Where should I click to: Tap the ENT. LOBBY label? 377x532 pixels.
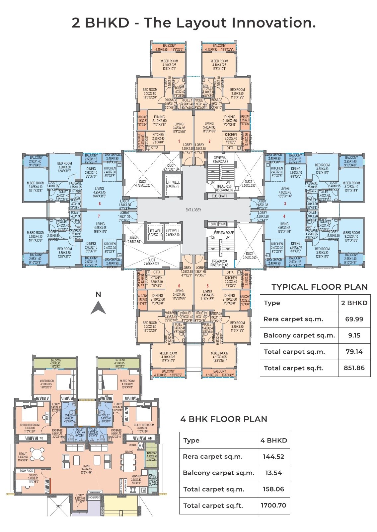pos(193,210)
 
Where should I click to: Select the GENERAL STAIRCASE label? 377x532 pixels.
pos(220,160)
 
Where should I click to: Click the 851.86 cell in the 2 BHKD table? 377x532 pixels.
pos(354,368)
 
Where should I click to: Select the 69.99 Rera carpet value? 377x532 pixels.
pos(354,319)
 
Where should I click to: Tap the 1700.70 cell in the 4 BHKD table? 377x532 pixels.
pos(273,505)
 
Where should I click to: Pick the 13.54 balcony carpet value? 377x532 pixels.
pos(273,473)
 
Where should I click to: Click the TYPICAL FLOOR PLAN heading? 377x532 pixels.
pos(319,287)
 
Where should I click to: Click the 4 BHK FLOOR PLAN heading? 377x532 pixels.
pos(223,419)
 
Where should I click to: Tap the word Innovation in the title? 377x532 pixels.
pos(273,23)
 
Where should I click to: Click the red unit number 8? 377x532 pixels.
pos(100,204)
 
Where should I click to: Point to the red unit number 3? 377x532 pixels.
pos(285,204)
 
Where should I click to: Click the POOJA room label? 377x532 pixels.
pos(132,446)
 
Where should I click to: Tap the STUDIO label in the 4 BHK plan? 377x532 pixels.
pos(33,475)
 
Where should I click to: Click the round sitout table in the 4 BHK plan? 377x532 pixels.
pos(38,454)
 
